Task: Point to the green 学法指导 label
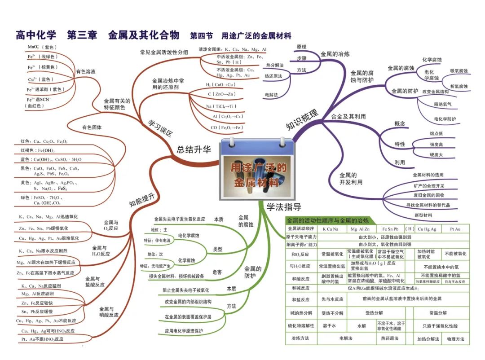pos(284,207)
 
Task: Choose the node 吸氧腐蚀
pos(459,71)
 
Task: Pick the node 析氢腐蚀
pos(459,86)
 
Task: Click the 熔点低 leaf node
pos(436,133)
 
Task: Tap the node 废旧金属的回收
pos(429,195)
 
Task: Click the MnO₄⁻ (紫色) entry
pos(42,47)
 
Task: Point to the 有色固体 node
pos(92,127)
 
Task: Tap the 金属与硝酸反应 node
pos(108,312)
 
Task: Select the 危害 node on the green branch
pos(217,272)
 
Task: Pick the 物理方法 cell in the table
pos(455,339)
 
